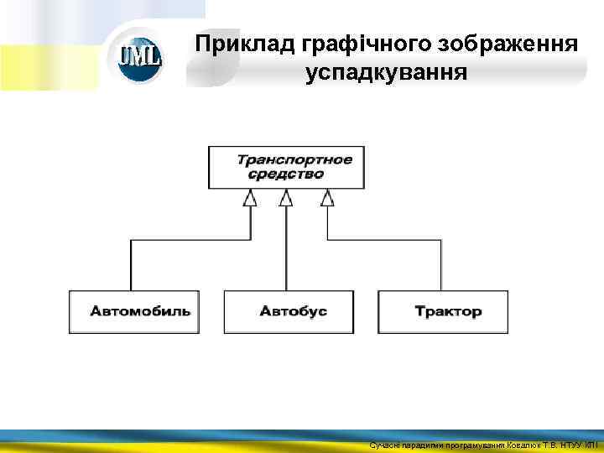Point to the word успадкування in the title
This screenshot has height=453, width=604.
pos(386,73)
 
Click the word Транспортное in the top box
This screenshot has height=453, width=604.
pos(294,159)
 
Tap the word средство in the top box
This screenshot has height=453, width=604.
pos(285,174)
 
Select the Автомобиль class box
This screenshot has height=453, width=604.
pos(134,311)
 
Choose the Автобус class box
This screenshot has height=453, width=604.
pos(289,311)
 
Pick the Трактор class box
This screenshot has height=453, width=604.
pos(443,311)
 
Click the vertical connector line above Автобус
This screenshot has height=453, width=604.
pos(286,252)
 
